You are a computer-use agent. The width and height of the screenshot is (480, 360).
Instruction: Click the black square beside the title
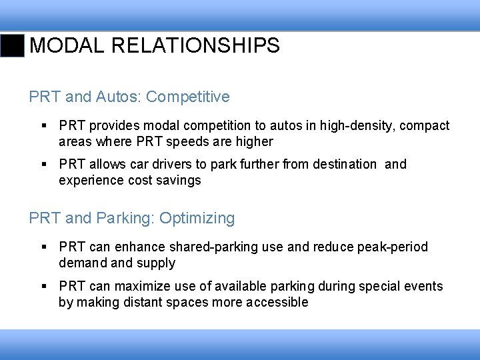click(x=12, y=45)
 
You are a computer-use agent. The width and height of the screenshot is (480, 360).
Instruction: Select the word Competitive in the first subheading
click(x=187, y=97)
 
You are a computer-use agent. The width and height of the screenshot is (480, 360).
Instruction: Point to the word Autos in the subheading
click(x=117, y=97)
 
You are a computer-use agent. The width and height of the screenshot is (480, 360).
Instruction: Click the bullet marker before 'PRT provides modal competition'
click(x=43, y=126)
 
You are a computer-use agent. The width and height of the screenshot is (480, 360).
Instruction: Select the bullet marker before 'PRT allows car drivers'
click(x=43, y=165)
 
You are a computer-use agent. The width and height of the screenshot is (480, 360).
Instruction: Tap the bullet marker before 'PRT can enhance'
click(x=43, y=247)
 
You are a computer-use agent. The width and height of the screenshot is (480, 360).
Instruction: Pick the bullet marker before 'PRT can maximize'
click(x=43, y=287)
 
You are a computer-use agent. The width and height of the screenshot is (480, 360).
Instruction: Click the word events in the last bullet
click(x=423, y=287)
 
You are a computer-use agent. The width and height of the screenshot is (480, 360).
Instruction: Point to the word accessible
click(x=277, y=303)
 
